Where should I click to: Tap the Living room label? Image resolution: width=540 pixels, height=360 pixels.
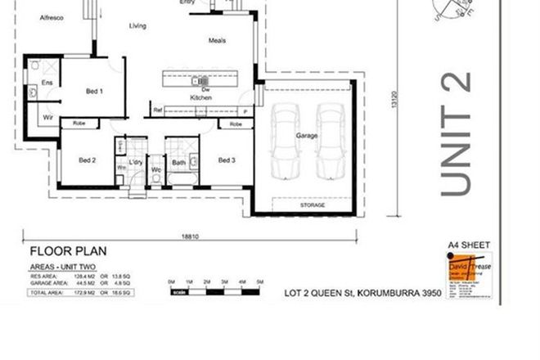click(x=137, y=26)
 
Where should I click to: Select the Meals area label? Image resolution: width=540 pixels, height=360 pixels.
click(x=217, y=40)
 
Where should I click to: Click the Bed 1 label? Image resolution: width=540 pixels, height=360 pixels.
click(x=94, y=92)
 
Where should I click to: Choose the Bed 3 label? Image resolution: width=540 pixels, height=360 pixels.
click(x=227, y=160)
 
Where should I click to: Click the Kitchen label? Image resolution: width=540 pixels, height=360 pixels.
click(x=200, y=98)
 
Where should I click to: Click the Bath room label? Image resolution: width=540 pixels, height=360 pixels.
click(x=179, y=162)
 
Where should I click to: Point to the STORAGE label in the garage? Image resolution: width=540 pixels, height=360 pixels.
click(x=312, y=205)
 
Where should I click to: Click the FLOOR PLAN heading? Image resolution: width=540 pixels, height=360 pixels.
click(x=68, y=252)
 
